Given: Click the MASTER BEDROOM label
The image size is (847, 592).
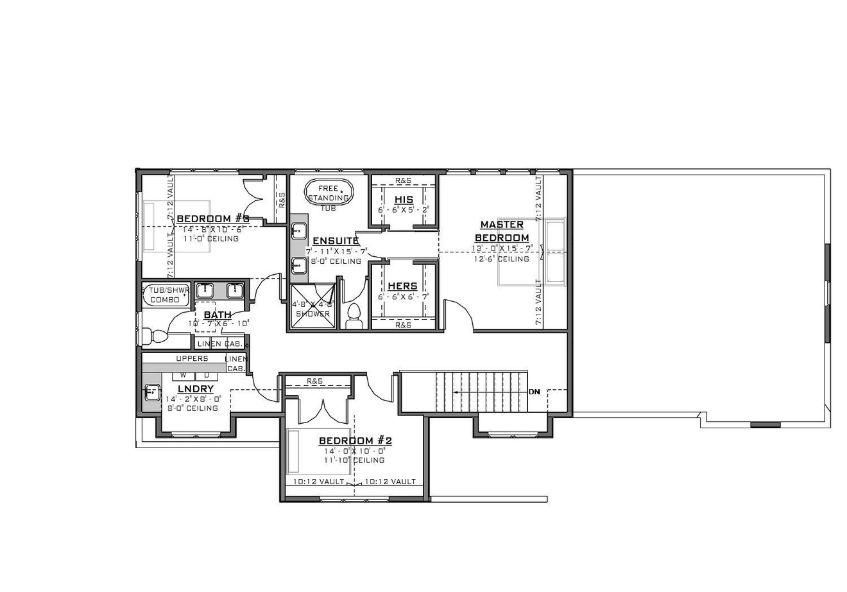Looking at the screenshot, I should click(x=502, y=231).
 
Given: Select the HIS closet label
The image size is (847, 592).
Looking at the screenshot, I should click(x=404, y=200).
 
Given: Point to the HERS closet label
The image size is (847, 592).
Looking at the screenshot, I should click(x=402, y=286).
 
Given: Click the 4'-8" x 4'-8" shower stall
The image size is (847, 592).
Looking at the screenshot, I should click(x=313, y=308).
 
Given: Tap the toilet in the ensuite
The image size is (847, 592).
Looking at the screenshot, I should click(x=354, y=317).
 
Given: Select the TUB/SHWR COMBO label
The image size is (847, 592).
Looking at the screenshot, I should click(x=166, y=295).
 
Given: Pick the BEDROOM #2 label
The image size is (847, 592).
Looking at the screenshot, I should click(x=355, y=441).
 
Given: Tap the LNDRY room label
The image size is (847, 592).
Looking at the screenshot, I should click(x=195, y=389).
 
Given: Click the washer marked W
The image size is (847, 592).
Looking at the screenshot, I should click(x=183, y=375).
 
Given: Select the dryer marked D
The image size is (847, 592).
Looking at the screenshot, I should click(x=206, y=375).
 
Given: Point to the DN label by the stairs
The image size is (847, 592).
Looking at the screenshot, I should click(x=534, y=392).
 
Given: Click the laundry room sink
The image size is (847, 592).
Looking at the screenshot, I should click(x=152, y=392).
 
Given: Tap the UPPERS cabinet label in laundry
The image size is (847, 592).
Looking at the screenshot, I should click(x=192, y=358).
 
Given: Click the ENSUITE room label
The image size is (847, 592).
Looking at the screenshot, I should click(x=335, y=241).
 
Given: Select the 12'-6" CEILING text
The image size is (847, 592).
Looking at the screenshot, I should click(x=502, y=259).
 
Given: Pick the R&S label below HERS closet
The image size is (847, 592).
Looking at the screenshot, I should click(x=403, y=326).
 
